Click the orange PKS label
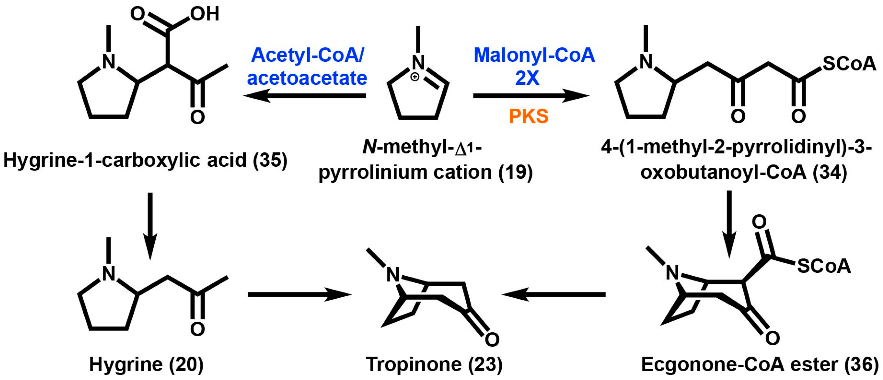click(x=528, y=116)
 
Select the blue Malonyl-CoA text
click(x=534, y=55)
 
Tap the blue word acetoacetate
click(x=307, y=78)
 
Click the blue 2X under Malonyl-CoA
click(x=527, y=78)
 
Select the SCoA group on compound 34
click(x=849, y=64)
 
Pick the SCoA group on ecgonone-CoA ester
click(x=824, y=266)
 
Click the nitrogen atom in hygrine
click(x=109, y=274)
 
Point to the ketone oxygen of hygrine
click(x=197, y=329)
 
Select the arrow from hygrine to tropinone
click(x=300, y=294)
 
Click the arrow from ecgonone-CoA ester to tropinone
click(x=553, y=294)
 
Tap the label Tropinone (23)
click(x=434, y=364)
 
